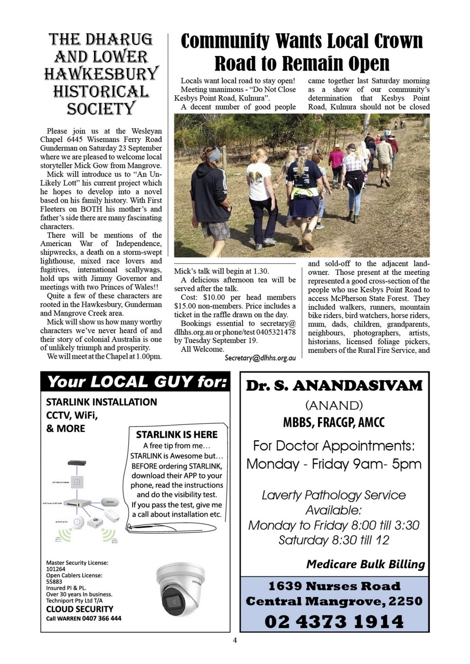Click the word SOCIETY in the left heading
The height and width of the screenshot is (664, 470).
[x=100, y=109]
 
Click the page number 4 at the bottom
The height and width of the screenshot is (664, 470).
[x=235, y=640]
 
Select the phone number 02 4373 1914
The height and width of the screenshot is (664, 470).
[x=334, y=621]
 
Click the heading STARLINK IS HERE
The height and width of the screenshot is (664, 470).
[x=177, y=434]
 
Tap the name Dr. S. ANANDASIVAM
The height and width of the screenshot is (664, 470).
[x=334, y=386]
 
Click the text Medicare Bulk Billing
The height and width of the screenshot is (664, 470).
[x=365, y=564]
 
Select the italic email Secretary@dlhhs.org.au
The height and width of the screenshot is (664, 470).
[x=260, y=358]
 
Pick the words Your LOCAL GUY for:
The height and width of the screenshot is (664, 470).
[x=137, y=382]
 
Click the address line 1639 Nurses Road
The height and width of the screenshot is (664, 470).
[x=334, y=586]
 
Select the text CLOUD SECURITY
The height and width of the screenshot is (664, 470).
[x=80, y=609]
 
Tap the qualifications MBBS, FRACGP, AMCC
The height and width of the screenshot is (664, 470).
[x=334, y=422]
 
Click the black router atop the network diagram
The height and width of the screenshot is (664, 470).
[x=77, y=463]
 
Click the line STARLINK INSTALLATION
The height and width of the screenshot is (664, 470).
[x=101, y=402]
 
